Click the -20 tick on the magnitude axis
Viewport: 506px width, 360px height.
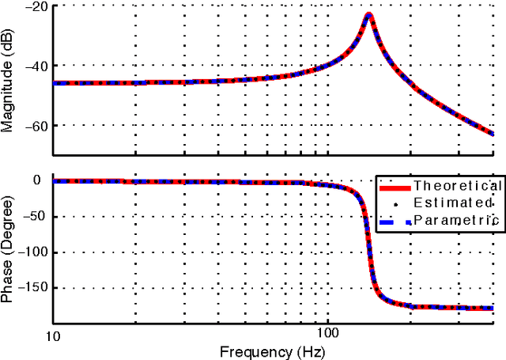tap(36, 6)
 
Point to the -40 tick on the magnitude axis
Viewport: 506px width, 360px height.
tap(36, 66)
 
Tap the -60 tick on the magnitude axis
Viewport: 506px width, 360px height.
tap(36, 125)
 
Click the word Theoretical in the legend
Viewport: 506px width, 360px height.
tap(458, 186)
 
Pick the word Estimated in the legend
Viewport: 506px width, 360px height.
tap(458, 203)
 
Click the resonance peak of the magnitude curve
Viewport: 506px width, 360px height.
tap(368, 15)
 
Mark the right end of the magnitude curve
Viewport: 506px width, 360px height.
tap(492, 133)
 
